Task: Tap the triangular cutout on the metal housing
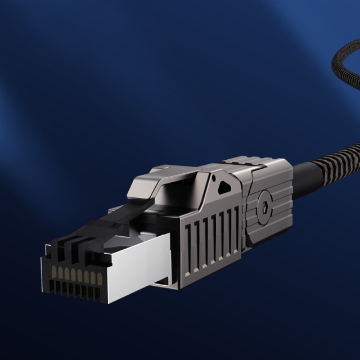click(x=224, y=186)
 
